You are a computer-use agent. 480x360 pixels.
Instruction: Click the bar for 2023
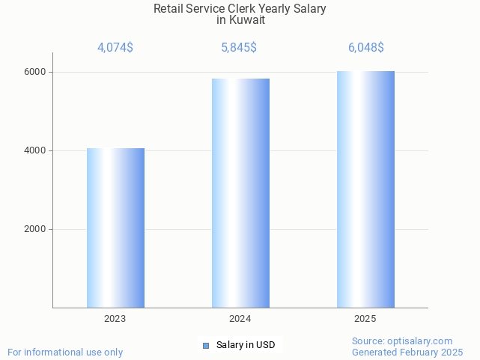pos(115,228)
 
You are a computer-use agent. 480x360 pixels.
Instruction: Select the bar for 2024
pos(240,193)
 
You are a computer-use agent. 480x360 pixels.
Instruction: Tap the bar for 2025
pos(365,189)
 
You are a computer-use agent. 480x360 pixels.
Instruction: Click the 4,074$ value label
pos(115,48)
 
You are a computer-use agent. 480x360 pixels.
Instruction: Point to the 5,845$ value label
pos(239,48)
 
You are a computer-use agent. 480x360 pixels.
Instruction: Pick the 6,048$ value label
pos(365,48)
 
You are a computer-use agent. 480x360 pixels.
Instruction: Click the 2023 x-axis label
pos(115,319)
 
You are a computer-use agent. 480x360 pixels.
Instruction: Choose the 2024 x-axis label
pos(240,319)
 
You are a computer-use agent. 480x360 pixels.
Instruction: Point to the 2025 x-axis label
pos(365,319)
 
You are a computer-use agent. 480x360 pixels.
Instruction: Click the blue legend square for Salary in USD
pos(206,345)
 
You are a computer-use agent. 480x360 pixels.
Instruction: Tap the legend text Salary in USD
pos(246,345)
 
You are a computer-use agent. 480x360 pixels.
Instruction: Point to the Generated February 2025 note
pos(407,352)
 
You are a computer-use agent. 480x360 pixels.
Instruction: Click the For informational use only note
pos(65,352)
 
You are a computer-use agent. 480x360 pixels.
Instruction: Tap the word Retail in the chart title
pos(169,9)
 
